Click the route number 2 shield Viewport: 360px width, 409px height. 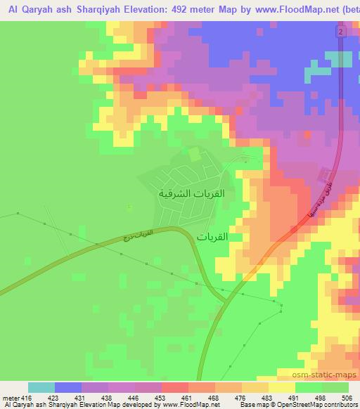tap(340, 32)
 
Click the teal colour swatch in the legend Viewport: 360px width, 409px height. tap(41, 387)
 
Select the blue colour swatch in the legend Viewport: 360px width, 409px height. tap(68, 387)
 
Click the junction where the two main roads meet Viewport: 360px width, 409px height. tap(227, 301)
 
